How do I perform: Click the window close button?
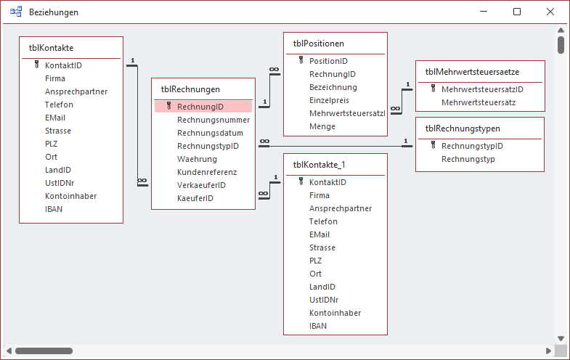pyautogui.click(x=550, y=12)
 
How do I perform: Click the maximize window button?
pyautogui.click(x=517, y=12)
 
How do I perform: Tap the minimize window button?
pyautogui.click(x=484, y=12)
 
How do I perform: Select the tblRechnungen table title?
pyautogui.click(x=190, y=89)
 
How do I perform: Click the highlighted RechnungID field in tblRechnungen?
pyautogui.click(x=200, y=106)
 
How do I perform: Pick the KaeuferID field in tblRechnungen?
pyautogui.click(x=195, y=198)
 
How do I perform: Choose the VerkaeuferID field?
pyautogui.click(x=201, y=185)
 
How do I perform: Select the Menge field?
pyautogui.click(x=322, y=126)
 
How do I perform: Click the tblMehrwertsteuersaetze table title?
pyautogui.click(x=472, y=71)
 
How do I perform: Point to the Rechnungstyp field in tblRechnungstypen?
pyautogui.click(x=468, y=159)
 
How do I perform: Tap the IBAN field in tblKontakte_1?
pyautogui.click(x=318, y=326)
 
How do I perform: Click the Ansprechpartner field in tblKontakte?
pyautogui.click(x=76, y=91)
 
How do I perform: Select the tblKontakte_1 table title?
pyautogui.click(x=324, y=165)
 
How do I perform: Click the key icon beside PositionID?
pyautogui.click(x=300, y=61)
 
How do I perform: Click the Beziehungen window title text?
pyautogui.click(x=54, y=12)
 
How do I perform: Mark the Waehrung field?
pyautogui.click(x=197, y=159)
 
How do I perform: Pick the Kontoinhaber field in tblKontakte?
pyautogui.click(x=70, y=196)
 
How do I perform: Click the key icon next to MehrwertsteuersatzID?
pyautogui.click(x=433, y=89)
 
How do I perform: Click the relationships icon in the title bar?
pyautogui.click(x=16, y=12)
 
